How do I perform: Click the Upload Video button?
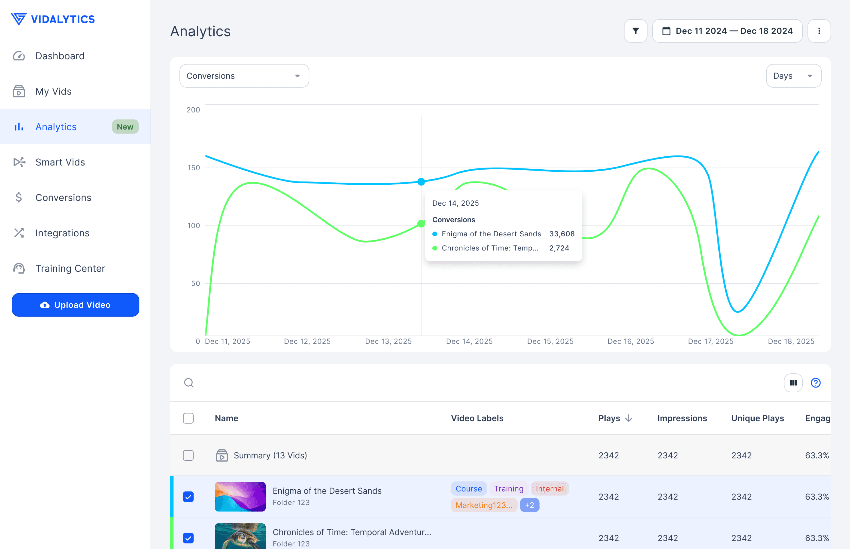click(75, 305)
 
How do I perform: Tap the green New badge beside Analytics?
click(125, 127)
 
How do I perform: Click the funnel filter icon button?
click(635, 31)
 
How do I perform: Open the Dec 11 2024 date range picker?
click(727, 31)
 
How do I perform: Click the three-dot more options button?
click(819, 31)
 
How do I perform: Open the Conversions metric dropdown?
click(244, 76)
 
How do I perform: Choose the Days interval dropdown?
click(794, 76)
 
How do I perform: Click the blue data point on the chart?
click(421, 182)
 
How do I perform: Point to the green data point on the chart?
click(421, 223)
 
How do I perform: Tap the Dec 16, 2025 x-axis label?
click(631, 342)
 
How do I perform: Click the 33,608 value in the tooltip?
click(562, 234)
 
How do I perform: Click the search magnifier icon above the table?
click(189, 383)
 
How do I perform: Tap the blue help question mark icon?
click(815, 383)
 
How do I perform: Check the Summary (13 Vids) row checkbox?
click(188, 455)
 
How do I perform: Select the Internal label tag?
click(549, 489)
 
